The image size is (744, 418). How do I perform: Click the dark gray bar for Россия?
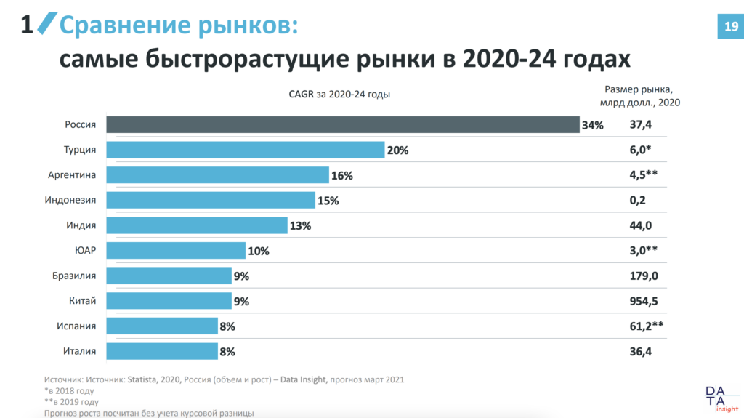(x=342, y=124)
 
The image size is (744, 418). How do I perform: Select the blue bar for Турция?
(x=245, y=150)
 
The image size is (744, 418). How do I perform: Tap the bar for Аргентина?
(x=217, y=175)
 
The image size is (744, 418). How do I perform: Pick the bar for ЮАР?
(x=176, y=251)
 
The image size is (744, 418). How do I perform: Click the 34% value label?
(x=592, y=125)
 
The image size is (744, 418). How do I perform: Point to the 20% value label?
(x=397, y=150)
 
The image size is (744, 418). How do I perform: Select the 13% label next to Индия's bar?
(x=300, y=225)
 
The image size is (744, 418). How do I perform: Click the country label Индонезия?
(x=72, y=200)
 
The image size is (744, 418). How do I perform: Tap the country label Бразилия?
(x=73, y=276)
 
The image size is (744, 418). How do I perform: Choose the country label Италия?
(x=80, y=351)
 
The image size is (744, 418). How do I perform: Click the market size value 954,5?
(x=643, y=301)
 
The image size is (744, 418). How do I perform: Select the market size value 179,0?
(x=642, y=276)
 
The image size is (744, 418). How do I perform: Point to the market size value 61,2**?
(x=647, y=326)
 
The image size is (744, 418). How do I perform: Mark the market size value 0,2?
(x=637, y=201)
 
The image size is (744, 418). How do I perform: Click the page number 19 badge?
(x=728, y=26)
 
